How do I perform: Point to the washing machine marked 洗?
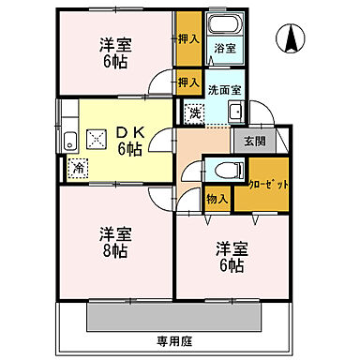pyautogui.click(x=194, y=112)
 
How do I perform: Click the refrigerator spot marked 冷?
pyautogui.click(x=75, y=168)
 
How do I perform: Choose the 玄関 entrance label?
pyautogui.click(x=256, y=142)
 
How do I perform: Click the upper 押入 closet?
pyautogui.click(x=188, y=38)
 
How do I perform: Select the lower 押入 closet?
pyautogui.click(x=188, y=82)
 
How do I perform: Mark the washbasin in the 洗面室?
pyautogui.click(x=234, y=114)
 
